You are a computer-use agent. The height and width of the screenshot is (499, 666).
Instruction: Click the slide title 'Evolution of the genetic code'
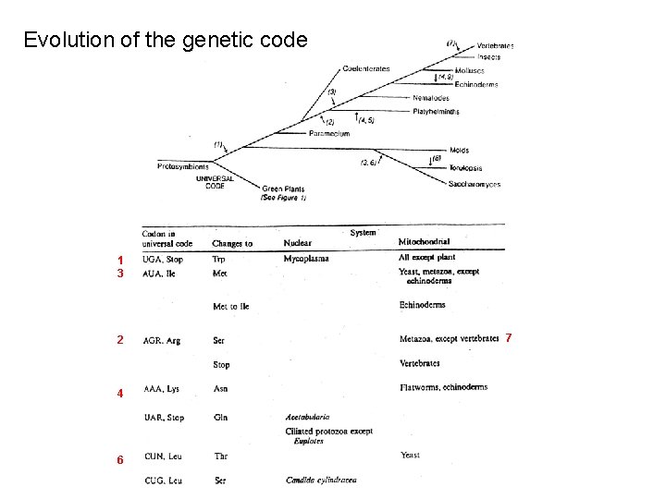[x=171, y=40]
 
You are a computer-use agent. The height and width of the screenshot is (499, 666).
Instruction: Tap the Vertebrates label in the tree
[x=496, y=45]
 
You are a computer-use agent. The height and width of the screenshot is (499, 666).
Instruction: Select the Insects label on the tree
[x=489, y=57]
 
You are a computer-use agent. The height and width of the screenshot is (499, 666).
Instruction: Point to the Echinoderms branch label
[x=476, y=84]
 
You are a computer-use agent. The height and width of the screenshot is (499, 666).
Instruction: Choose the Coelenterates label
[x=365, y=68]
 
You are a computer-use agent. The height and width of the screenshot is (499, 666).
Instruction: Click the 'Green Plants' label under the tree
[x=283, y=190]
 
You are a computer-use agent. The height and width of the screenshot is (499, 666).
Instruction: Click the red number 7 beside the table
[x=507, y=338]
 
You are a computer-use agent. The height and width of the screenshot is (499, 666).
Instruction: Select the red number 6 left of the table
[x=120, y=460]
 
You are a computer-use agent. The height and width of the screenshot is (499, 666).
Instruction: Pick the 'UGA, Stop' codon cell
[x=164, y=260]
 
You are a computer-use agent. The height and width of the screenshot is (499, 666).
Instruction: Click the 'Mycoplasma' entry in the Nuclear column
[x=306, y=259]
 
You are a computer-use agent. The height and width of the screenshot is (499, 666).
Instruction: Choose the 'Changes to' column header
[x=232, y=244]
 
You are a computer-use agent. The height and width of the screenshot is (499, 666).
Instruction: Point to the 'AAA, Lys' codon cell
[x=163, y=389]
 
